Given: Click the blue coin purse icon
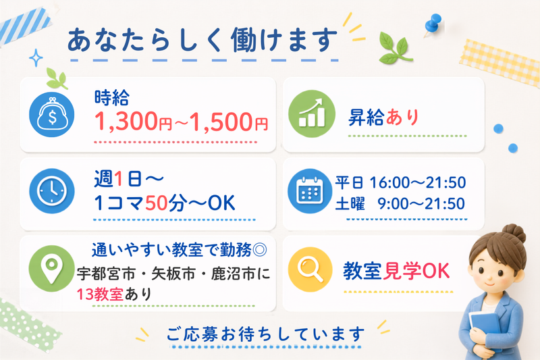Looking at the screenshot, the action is (x=52, y=114).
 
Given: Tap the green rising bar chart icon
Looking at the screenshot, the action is (x=312, y=114).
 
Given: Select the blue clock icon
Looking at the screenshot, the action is (x=52, y=191).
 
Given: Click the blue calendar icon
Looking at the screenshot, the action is (x=310, y=191).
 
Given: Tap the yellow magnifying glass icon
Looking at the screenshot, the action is (x=310, y=269).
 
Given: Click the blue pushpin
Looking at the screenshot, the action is (x=433, y=25).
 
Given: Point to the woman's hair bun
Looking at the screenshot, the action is (x=514, y=233).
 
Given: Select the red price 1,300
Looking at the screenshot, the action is (x=126, y=122).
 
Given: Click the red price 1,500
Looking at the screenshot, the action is (x=221, y=122).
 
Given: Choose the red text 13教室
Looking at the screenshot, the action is (x=100, y=294).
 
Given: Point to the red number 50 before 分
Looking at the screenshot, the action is (x=157, y=203).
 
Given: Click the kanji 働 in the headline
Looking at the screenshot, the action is (x=244, y=40).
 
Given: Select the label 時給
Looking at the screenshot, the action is (x=112, y=97).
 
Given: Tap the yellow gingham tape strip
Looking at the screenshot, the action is (x=500, y=63).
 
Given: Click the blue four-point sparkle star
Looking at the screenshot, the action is (x=36, y=57).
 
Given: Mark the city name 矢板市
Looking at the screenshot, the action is (x=174, y=274).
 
